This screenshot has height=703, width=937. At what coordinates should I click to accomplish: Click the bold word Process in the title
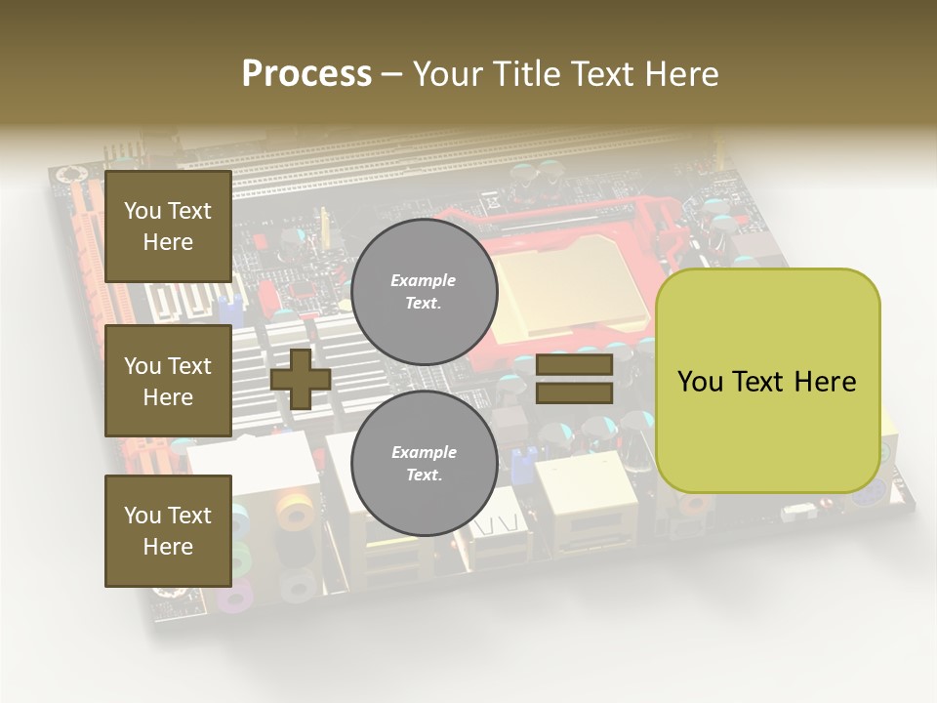(306, 74)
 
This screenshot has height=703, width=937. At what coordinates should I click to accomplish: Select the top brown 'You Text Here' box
(168, 227)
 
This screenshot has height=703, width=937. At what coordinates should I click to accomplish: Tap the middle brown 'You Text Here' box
(168, 381)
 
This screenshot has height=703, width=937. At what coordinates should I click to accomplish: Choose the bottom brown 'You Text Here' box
(168, 531)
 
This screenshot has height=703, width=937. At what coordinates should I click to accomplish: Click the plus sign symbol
(301, 379)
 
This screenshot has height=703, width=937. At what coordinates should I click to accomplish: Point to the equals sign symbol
(575, 379)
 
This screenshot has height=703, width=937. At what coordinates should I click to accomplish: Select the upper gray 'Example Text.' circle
(425, 292)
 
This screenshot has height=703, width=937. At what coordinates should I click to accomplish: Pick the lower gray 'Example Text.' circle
(425, 464)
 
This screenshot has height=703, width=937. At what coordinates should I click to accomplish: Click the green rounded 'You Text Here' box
(767, 381)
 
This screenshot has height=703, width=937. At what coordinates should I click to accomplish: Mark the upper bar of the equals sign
(575, 365)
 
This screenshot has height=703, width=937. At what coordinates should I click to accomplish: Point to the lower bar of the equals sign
(575, 393)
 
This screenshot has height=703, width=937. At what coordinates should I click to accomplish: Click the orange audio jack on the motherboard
(294, 512)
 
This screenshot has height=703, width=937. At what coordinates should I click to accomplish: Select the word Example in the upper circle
(424, 280)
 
